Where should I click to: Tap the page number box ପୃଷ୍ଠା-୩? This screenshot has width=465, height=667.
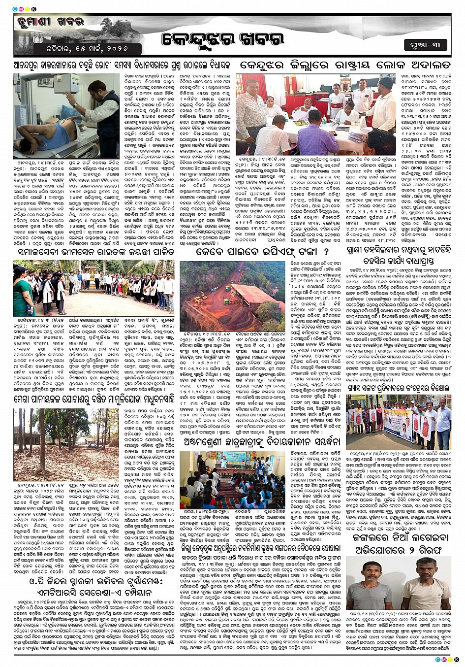[425, 45]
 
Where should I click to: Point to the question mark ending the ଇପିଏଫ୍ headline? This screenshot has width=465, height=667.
[326, 252]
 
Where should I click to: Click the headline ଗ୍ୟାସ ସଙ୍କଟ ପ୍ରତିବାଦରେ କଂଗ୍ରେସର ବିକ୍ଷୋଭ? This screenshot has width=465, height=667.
[399, 388]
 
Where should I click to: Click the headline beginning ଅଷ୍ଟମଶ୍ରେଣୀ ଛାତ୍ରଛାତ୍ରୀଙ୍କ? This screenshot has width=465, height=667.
[261, 441]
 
